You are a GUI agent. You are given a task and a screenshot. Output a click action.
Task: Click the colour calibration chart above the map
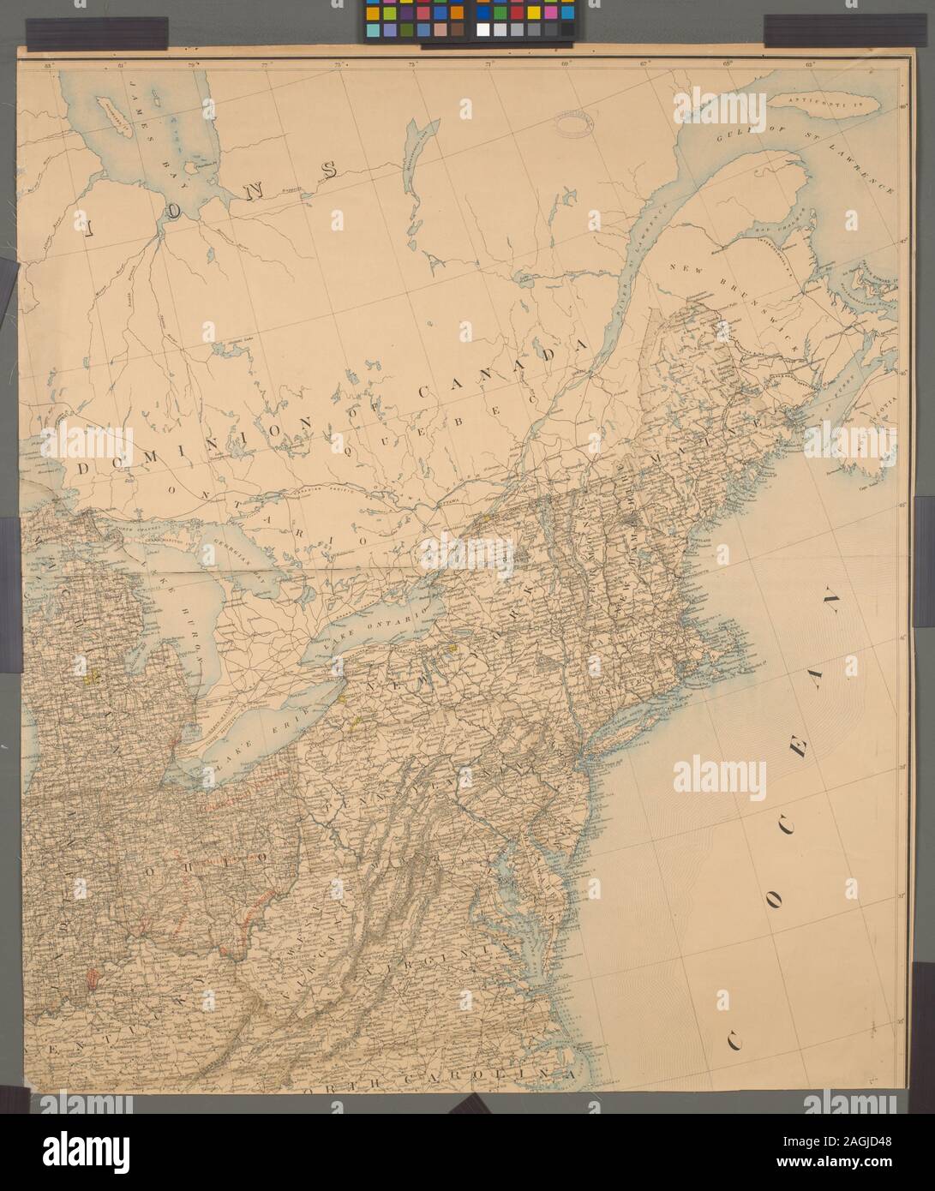(466, 18)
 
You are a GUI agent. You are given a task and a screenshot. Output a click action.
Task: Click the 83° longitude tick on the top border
(49, 64)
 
